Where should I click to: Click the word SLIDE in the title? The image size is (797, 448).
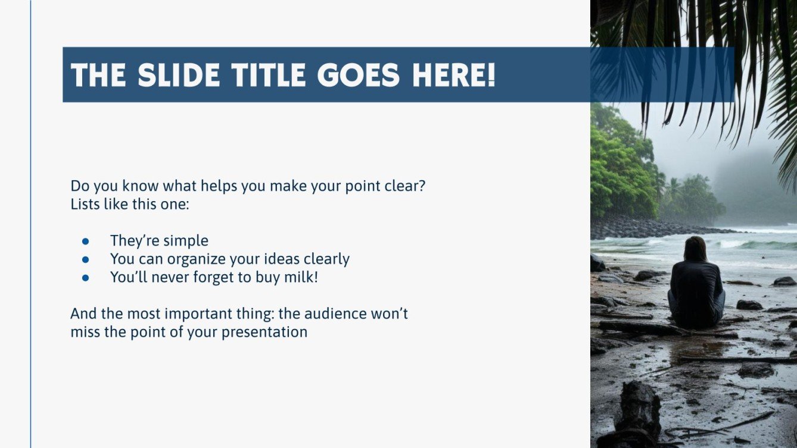(x=179, y=75)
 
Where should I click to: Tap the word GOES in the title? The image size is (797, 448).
(x=359, y=75)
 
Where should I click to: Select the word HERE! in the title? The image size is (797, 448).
(x=454, y=75)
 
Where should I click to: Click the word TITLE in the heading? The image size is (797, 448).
(x=268, y=75)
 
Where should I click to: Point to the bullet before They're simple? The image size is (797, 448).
(x=85, y=242)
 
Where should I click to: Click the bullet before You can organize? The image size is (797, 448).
(x=85, y=260)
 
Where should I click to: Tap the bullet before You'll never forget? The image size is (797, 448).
(x=85, y=278)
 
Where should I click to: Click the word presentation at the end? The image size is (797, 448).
(x=264, y=333)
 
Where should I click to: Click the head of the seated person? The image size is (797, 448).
(x=695, y=249)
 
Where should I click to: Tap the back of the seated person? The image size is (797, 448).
(x=696, y=288)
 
